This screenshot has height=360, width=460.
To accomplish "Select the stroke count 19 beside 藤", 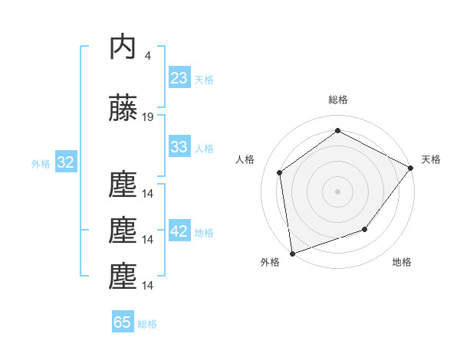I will click(148, 117).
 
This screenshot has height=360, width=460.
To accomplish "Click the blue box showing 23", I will click(179, 78).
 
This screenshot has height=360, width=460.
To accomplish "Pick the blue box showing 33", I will click(179, 147).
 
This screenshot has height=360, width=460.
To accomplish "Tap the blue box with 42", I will click(179, 231).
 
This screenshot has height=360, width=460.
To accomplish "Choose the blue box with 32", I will click(65, 162).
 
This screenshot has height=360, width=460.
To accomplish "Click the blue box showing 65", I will click(123, 322).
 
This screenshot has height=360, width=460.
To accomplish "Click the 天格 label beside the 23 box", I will click(204, 79).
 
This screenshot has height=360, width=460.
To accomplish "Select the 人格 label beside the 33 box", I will click(204, 148).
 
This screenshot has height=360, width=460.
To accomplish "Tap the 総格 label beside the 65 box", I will click(147, 323).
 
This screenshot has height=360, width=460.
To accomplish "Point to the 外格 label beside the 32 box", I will click(41, 163).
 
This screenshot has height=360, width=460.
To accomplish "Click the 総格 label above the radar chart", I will click(338, 100).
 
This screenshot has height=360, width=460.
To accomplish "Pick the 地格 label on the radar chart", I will click(402, 263).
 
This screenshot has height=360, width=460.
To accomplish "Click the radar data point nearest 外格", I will click(292, 253).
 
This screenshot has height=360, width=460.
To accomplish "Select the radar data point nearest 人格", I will click(280, 172).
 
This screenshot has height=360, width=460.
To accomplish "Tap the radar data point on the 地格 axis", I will click(365, 229).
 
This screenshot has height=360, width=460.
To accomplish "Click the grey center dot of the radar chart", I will click(338, 191).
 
